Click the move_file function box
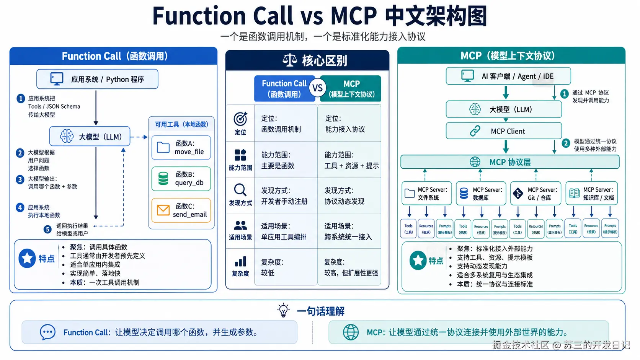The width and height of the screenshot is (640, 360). (x=181, y=148)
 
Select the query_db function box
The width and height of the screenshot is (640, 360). (x=181, y=179)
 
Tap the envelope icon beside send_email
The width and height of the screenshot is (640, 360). (x=163, y=210)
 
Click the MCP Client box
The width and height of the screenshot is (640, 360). (x=504, y=131)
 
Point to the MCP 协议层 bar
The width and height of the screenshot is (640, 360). (x=509, y=162)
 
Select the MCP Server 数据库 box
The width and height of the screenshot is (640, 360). (x=480, y=194)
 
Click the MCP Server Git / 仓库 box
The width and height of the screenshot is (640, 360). (x=536, y=194)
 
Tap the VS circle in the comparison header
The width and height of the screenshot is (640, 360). (x=317, y=88)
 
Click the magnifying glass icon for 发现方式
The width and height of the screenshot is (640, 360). (x=240, y=190)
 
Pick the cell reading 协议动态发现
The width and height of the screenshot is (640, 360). (x=344, y=201)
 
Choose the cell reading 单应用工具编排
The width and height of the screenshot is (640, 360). (x=284, y=237)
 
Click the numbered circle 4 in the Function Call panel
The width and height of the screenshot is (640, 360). (x=20, y=208)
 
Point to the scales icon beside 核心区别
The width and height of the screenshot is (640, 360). (x=290, y=60)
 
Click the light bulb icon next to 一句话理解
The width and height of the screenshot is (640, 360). (x=283, y=310)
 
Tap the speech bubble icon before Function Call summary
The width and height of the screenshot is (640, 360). (x=48, y=332)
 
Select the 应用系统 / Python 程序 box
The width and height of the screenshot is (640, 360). (x=97, y=79)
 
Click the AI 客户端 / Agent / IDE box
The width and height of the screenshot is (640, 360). (x=508, y=76)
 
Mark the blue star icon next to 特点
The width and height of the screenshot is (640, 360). (x=27, y=259)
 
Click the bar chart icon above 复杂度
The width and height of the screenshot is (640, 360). (x=240, y=262)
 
